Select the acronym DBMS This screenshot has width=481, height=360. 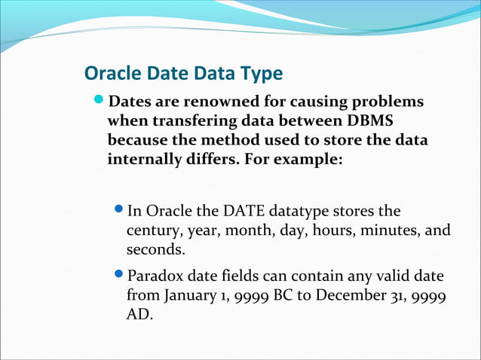pyautogui.click(x=375, y=121)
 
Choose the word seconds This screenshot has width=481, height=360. pyautogui.click(x=155, y=249)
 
